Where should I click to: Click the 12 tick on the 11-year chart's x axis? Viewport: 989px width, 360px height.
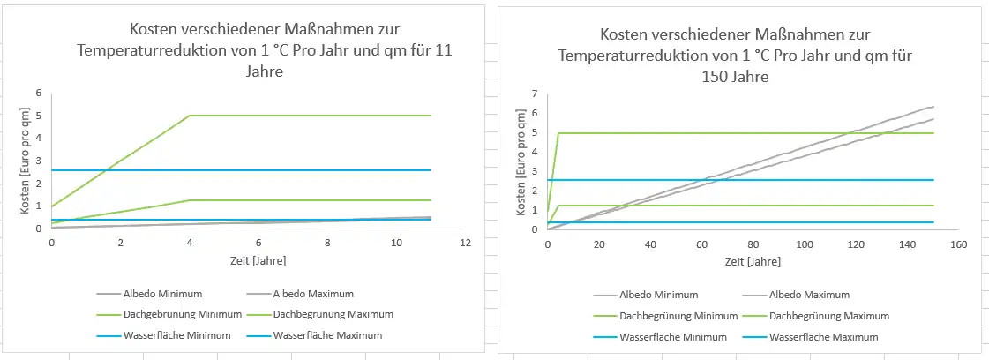coord(465,242)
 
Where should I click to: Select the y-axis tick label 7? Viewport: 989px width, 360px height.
coord(535,94)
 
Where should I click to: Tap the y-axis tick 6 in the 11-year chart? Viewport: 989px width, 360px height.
coord(39,93)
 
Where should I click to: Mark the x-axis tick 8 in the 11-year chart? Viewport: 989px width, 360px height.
coord(327,242)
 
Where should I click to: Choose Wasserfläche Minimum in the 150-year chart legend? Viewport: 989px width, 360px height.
coord(673,337)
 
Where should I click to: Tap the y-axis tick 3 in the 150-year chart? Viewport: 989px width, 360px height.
coord(535,171)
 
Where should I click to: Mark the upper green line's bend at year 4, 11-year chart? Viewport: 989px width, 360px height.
coord(190,116)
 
